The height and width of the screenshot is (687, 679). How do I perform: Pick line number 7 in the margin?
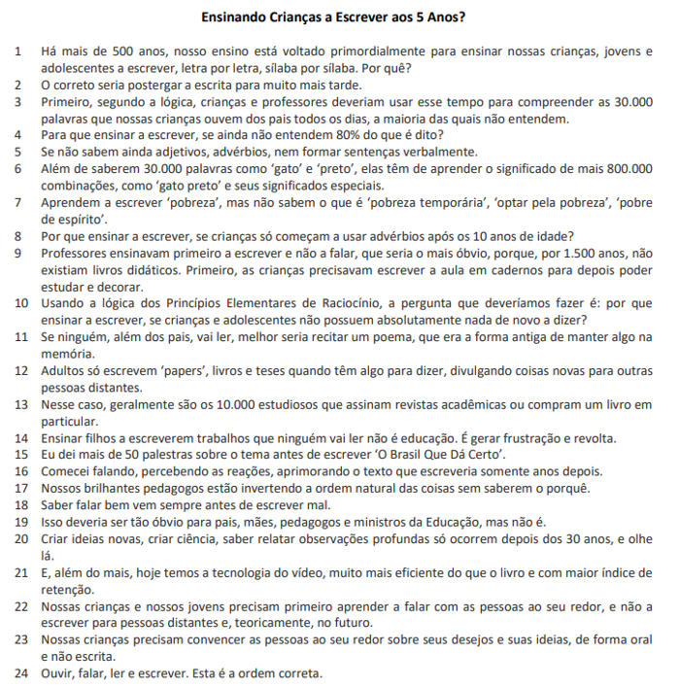(17, 202)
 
